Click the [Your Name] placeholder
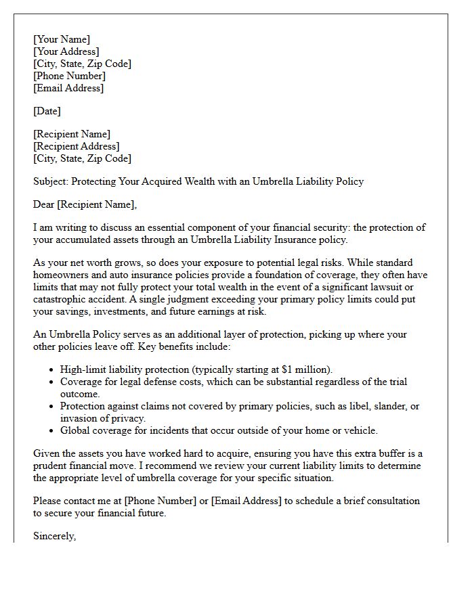(62, 39)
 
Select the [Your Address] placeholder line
(66, 51)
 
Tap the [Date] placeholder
(47, 111)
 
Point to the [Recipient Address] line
(77, 146)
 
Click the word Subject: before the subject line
(51, 181)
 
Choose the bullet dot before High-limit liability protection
(52, 370)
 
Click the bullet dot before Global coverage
(52, 431)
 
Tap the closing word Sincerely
(54, 536)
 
